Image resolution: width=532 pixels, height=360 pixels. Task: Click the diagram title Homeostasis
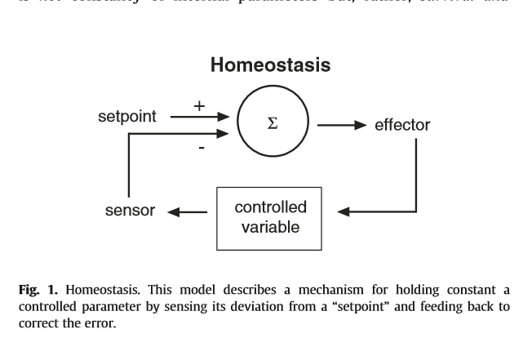pyautogui.click(x=270, y=65)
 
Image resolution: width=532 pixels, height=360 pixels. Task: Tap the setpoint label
pyautogui.click(x=129, y=116)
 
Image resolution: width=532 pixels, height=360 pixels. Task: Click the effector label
pyautogui.click(x=401, y=125)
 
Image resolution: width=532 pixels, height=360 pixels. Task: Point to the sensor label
pyautogui.click(x=130, y=211)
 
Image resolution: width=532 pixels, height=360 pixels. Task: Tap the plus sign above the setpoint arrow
pyautogui.click(x=198, y=105)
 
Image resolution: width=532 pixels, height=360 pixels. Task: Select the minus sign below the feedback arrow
pyautogui.click(x=201, y=148)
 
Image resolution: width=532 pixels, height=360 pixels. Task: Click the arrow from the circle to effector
pyautogui.click(x=340, y=126)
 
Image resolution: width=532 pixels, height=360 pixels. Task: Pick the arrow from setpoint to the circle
pyautogui.click(x=200, y=118)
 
